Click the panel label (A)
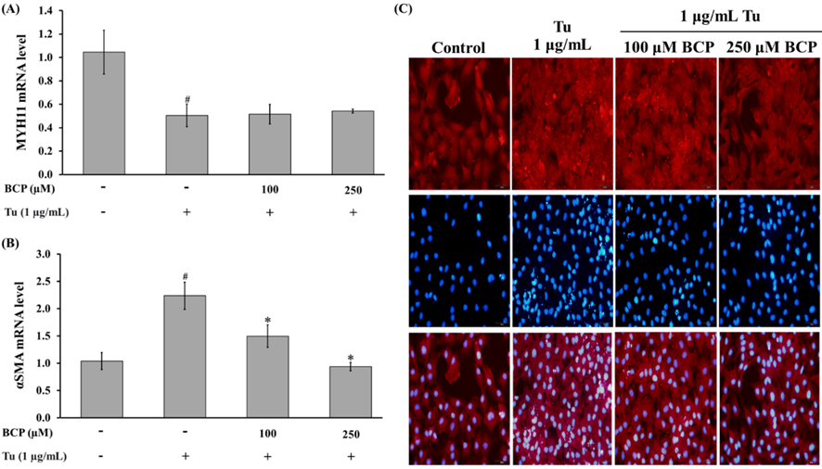coord(17,11)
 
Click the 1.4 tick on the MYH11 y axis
coord(62,11)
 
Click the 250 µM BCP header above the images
coord(767,47)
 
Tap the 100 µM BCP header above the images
coord(665,47)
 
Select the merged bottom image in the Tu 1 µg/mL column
coord(561,397)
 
